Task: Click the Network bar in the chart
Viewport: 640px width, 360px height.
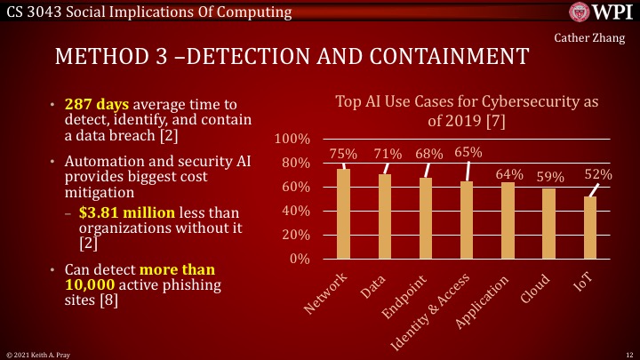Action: [x=344, y=214]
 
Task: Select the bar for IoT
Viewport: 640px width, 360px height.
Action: [x=590, y=228]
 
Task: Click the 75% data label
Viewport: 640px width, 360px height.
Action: [x=344, y=155]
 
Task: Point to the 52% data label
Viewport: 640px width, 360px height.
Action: [x=598, y=175]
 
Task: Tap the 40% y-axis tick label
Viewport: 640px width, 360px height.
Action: [x=295, y=212]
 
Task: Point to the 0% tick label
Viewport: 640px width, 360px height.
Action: [x=299, y=260]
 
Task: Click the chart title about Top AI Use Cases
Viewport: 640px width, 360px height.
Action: [x=467, y=111]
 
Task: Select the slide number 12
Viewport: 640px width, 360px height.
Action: [x=628, y=354]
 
